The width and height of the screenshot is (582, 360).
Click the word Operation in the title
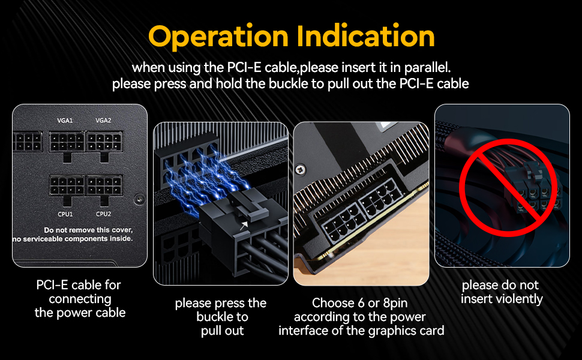208,37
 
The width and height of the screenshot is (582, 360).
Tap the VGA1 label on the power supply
65,121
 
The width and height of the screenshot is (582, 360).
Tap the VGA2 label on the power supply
103,121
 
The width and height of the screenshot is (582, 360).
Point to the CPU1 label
65,214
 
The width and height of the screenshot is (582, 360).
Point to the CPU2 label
103,214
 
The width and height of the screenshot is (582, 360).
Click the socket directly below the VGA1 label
67,142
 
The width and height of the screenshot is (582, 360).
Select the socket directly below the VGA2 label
105,142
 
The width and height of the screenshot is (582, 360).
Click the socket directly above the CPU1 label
67,185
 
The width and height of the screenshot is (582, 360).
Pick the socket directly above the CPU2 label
105,185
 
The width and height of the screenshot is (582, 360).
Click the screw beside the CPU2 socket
139,199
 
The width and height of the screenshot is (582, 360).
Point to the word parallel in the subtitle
428,67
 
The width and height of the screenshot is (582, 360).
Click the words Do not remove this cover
88,230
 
